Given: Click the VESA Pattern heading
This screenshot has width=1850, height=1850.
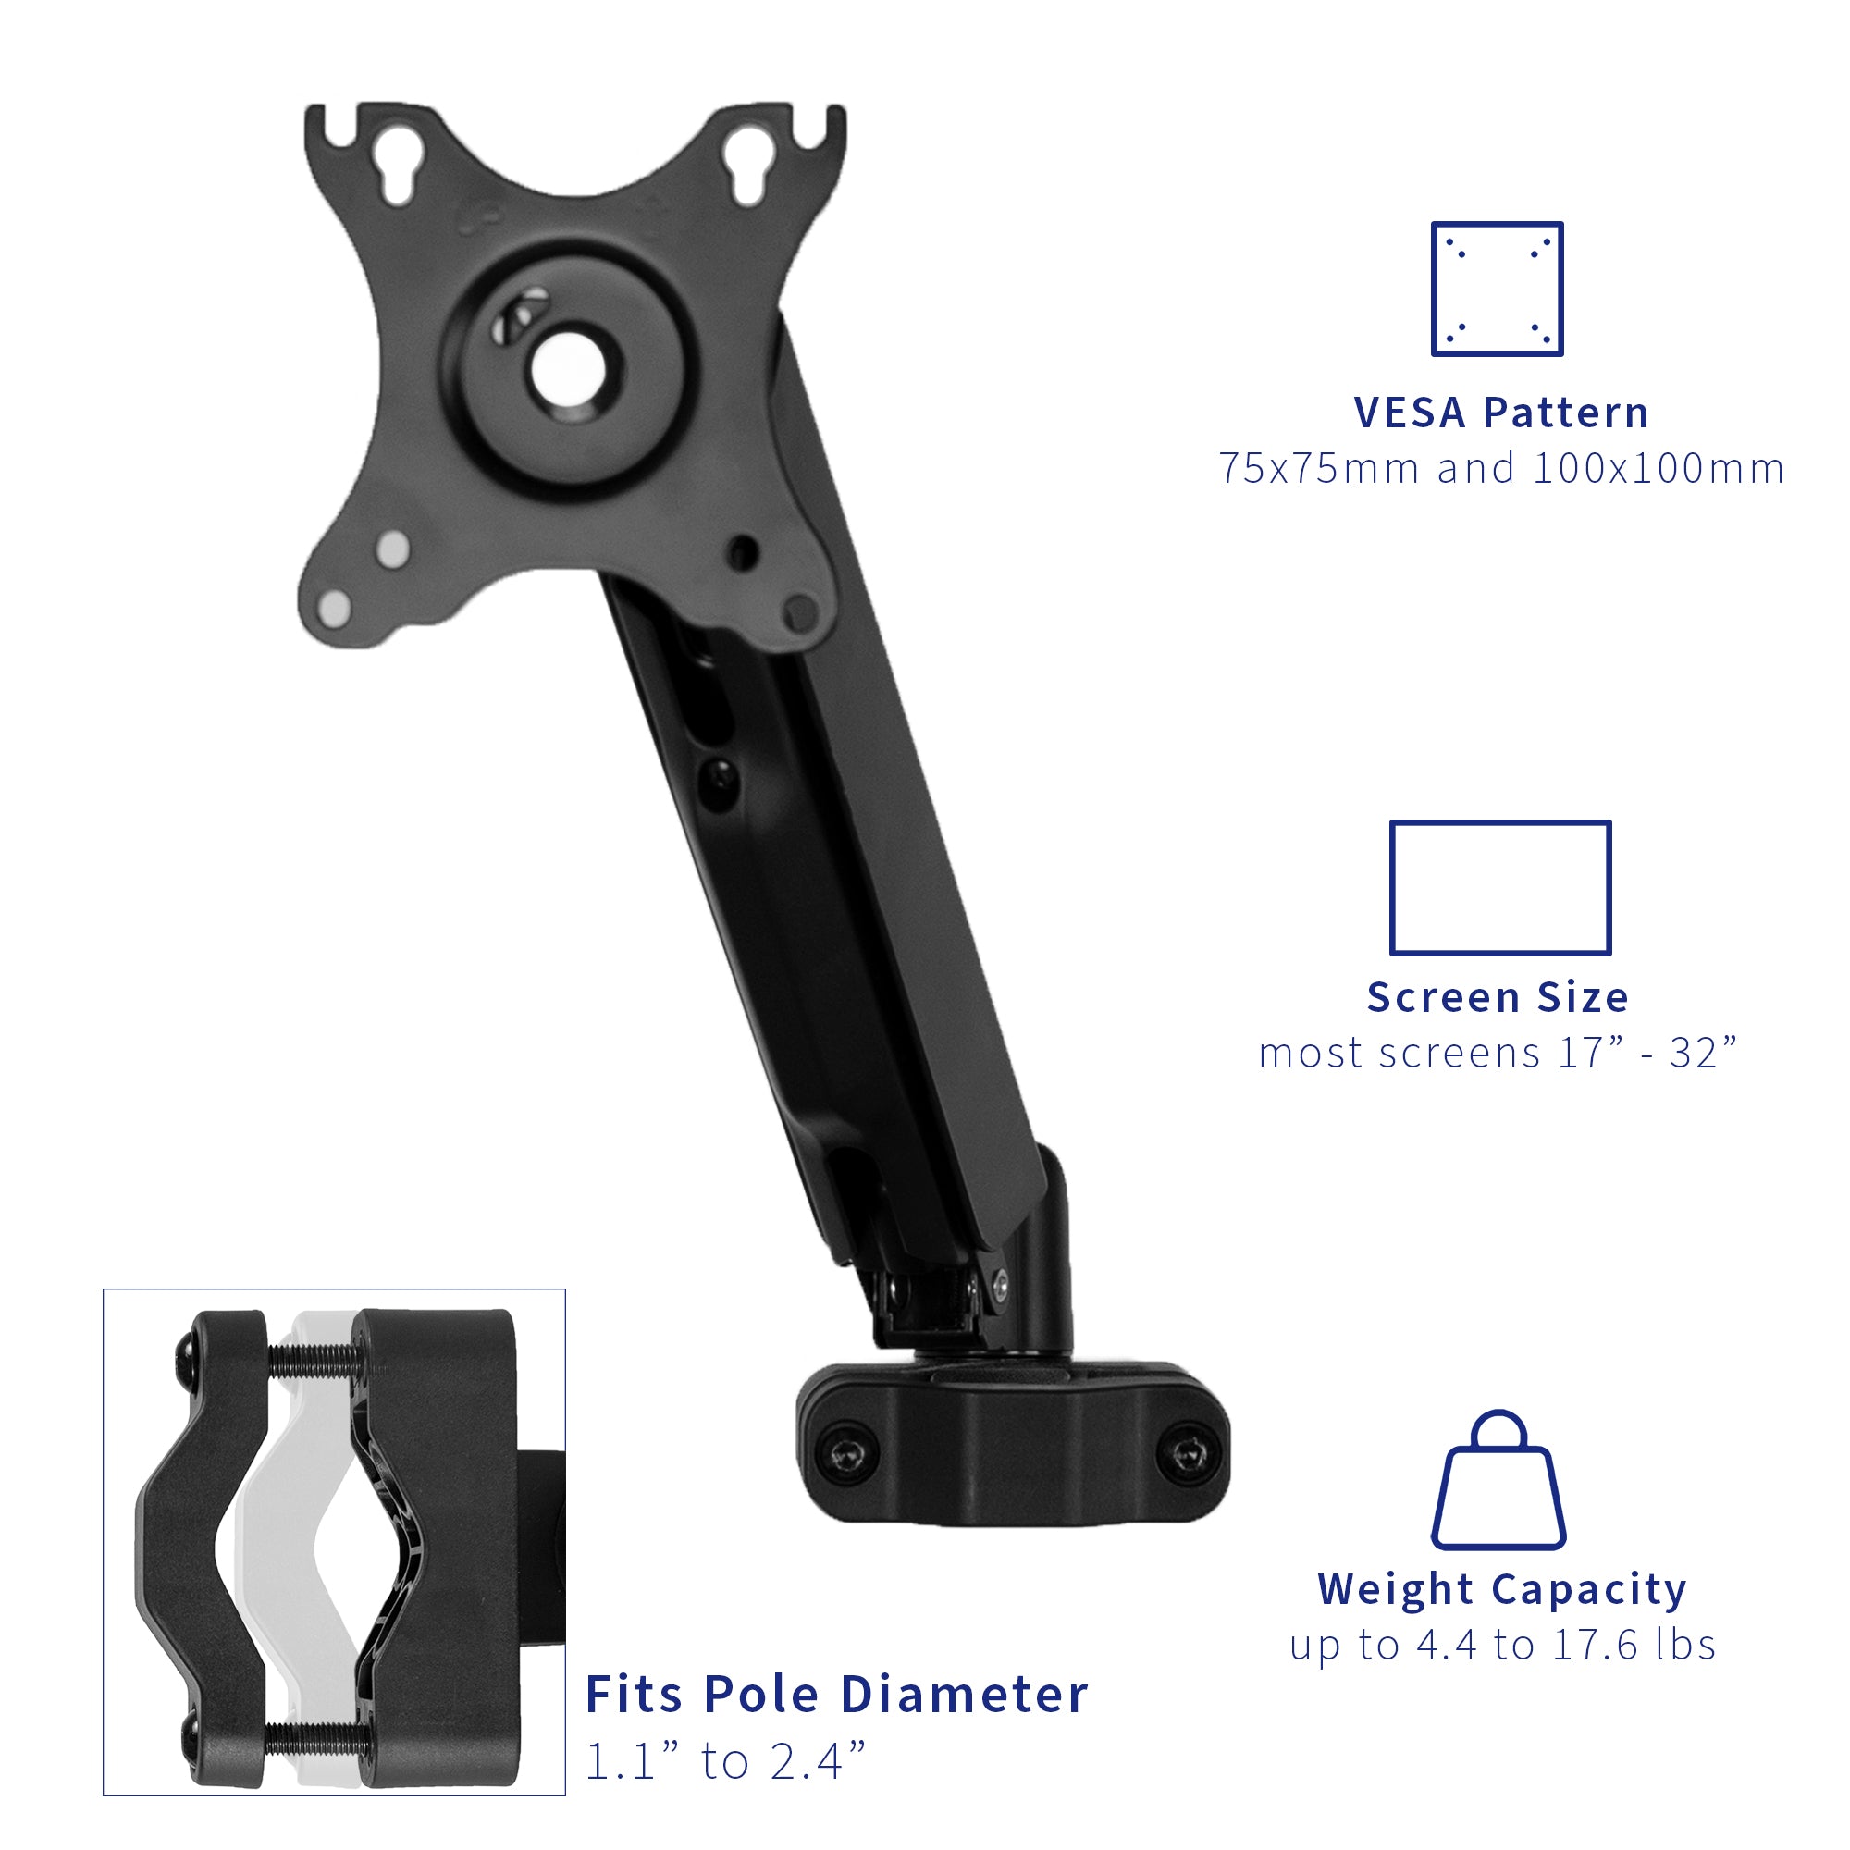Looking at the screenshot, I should click(1500, 413).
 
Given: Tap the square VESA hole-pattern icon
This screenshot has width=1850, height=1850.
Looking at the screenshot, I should click(1497, 290).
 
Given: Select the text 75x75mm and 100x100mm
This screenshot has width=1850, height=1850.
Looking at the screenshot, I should click(1500, 469).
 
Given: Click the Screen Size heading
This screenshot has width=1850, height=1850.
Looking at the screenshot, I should click(1498, 997).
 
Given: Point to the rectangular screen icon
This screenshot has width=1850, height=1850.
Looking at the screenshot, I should click(1500, 888).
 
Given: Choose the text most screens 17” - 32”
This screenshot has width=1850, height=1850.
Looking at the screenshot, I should click(1498, 1054).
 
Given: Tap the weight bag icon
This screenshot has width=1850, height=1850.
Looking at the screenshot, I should click(1498, 1480).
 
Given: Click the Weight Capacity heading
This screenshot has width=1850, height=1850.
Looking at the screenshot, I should click(1501, 1588).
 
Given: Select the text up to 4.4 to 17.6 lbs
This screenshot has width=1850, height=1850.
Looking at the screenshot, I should click(1501, 1645).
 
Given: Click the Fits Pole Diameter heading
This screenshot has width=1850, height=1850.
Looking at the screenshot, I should click(836, 1694).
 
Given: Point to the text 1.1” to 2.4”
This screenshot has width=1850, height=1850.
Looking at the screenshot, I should click(725, 1762).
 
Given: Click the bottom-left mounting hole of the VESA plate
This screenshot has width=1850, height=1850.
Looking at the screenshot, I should click(334, 606).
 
